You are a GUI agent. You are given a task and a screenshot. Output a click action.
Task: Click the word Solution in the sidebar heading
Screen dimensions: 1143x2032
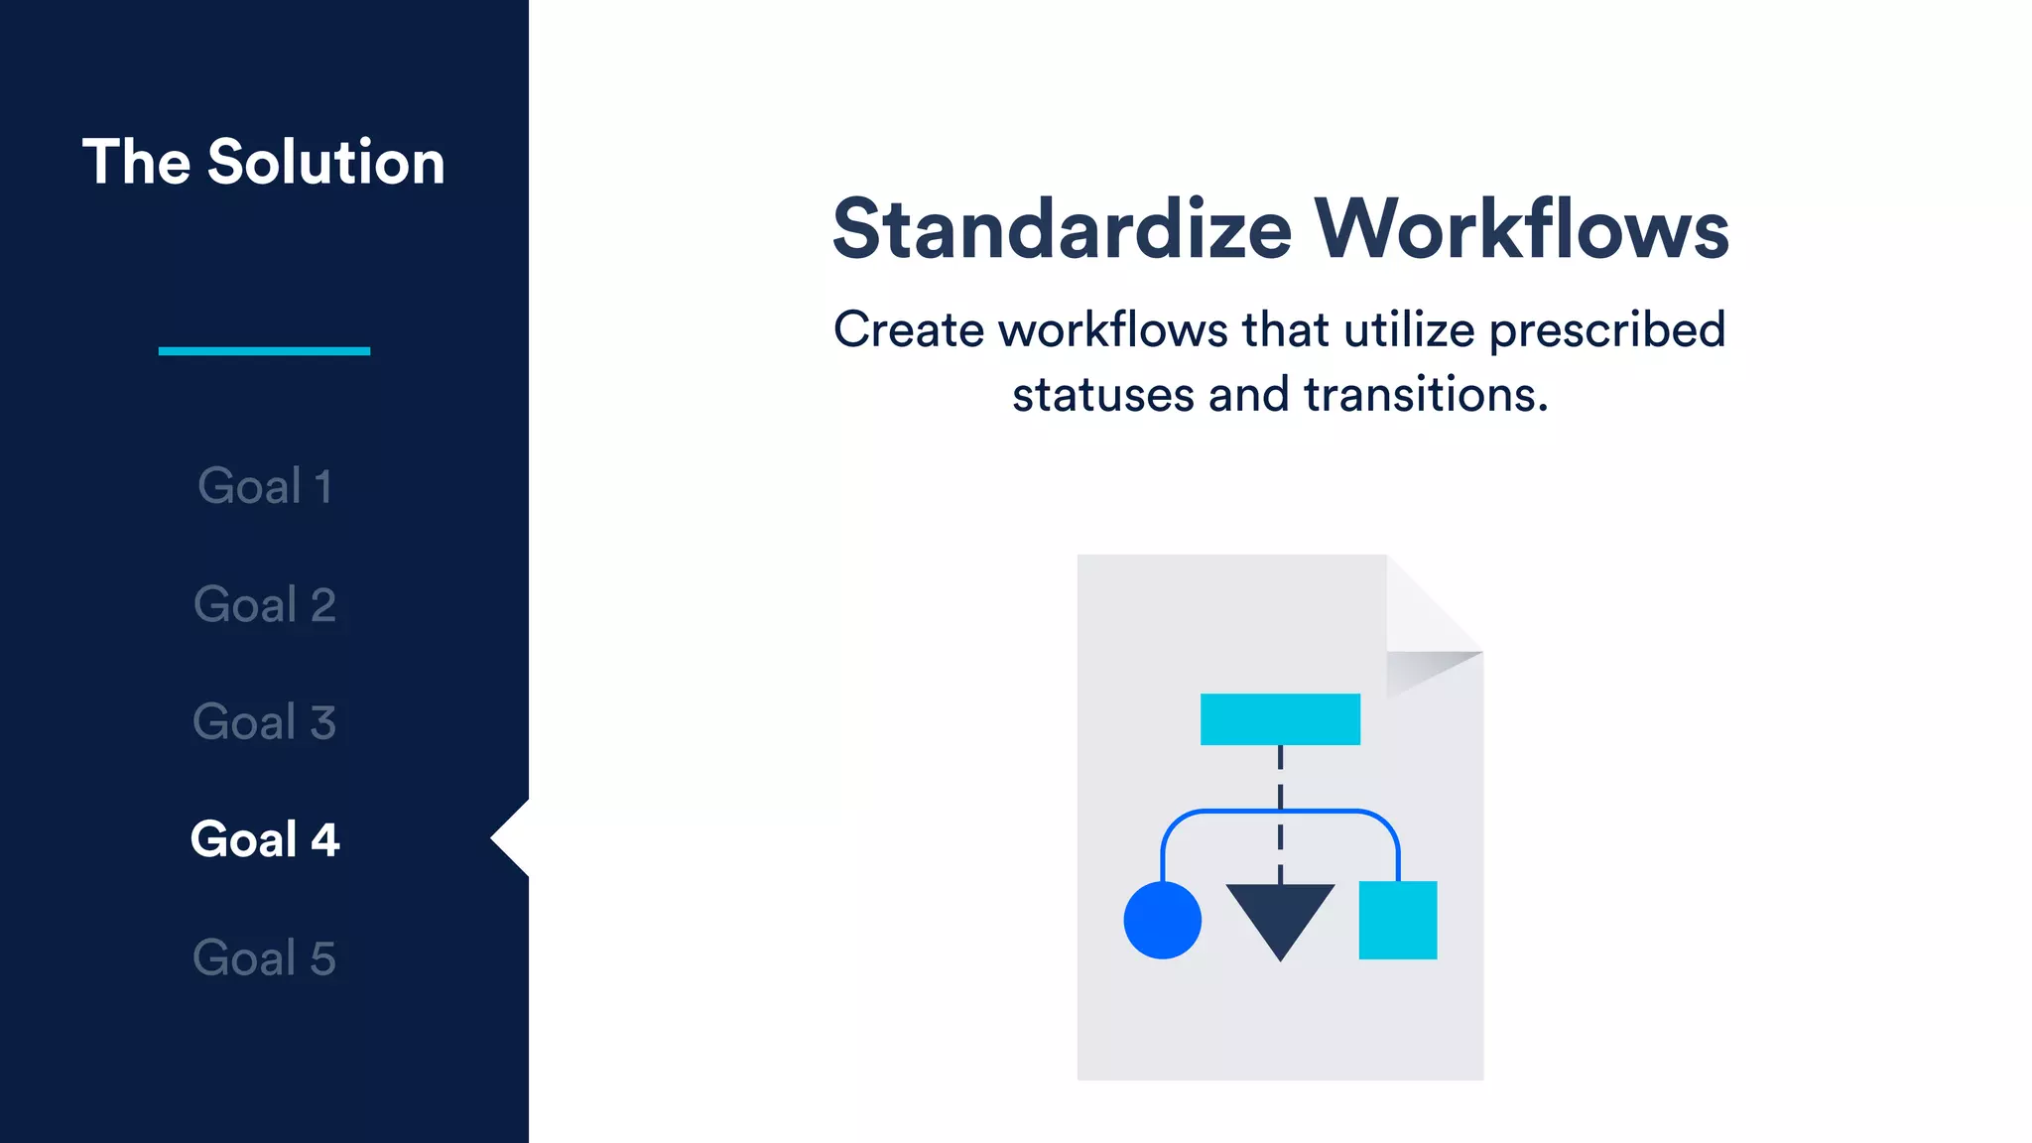325,162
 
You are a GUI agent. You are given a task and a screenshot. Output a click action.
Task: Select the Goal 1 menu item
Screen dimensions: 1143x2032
264,486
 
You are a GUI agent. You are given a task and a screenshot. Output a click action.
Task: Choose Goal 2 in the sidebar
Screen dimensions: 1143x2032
264,604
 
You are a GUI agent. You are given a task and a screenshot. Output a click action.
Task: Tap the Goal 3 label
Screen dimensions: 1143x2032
264,721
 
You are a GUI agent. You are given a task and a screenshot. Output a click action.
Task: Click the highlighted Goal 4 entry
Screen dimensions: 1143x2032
264,839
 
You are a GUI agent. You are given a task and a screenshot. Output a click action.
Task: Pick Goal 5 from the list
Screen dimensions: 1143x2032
264,957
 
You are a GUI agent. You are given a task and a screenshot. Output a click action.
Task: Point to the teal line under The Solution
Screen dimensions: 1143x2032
264,350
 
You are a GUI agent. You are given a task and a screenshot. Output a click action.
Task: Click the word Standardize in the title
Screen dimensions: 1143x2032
1062,229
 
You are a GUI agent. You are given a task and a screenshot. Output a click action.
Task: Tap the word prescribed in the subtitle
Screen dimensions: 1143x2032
1607,330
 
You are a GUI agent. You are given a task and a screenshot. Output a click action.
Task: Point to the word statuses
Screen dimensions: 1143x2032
1102,395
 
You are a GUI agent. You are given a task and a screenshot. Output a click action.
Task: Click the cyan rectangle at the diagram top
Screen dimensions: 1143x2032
1280,719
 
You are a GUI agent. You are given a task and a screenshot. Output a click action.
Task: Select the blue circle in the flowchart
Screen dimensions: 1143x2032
1162,920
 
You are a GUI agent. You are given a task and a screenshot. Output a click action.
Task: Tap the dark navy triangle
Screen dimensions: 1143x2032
1280,913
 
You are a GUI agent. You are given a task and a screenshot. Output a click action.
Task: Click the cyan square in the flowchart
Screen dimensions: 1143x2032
1397,920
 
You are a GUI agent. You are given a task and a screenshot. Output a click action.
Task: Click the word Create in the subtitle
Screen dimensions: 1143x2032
908,330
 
